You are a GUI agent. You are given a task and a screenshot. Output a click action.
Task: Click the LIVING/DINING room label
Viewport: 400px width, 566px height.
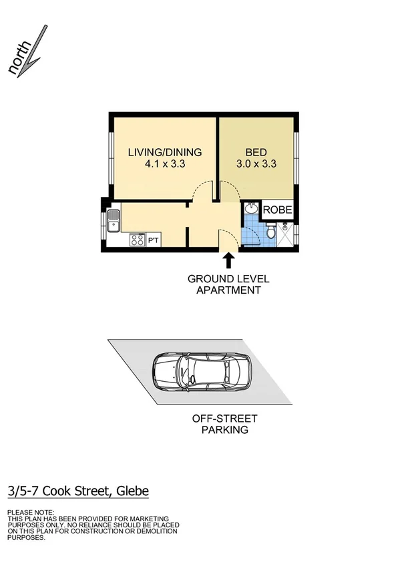coord(164,152)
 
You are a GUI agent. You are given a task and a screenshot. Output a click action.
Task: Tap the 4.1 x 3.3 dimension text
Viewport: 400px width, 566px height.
coord(164,164)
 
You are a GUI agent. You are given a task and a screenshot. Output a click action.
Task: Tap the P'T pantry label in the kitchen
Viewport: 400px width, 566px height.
coord(152,240)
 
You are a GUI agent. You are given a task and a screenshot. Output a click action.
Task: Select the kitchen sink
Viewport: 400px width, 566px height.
coord(113,220)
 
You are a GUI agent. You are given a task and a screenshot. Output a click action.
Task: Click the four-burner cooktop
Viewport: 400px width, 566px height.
coord(138,240)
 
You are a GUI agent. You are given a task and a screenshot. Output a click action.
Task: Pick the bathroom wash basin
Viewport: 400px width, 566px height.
coord(250,209)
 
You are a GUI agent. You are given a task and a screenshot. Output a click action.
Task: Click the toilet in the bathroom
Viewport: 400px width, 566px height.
coord(269,233)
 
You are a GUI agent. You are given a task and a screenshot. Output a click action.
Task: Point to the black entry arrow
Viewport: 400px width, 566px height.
coord(228,260)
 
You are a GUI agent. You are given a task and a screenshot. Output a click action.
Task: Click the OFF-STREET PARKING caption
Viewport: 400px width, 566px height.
coord(224,425)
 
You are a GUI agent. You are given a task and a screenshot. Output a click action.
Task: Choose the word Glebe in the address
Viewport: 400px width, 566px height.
coord(132,491)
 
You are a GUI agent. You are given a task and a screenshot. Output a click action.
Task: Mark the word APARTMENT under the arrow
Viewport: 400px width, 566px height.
coord(228,290)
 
